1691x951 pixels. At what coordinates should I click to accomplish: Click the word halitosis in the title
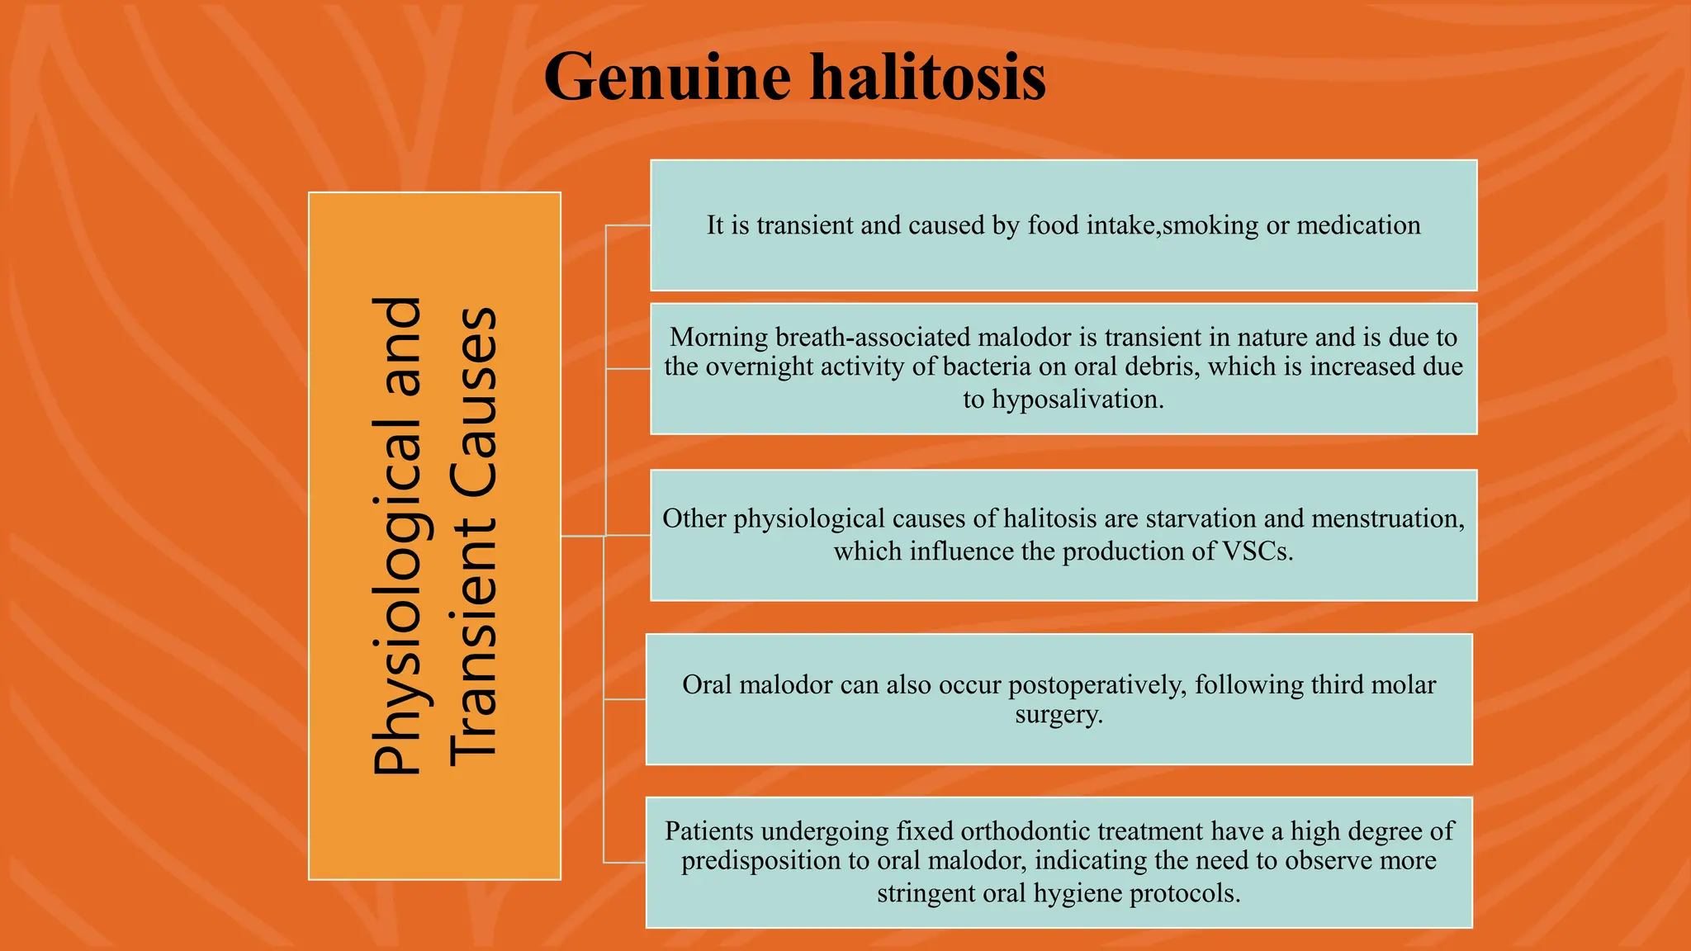tap(927, 78)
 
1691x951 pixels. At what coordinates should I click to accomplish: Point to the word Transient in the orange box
tap(474, 640)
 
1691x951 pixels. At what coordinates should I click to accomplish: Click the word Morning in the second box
tap(718, 337)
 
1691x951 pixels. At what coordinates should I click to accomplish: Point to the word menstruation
tap(1387, 518)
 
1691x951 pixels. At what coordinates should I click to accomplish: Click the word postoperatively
tap(1097, 685)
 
